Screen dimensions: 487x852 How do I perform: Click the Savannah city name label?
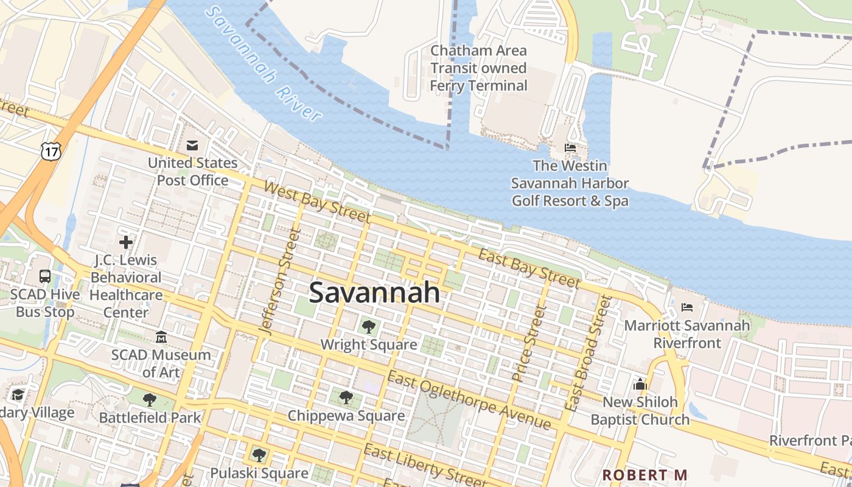(x=374, y=293)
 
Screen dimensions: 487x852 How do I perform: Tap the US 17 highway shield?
(x=51, y=151)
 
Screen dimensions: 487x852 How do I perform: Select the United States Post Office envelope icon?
(x=192, y=145)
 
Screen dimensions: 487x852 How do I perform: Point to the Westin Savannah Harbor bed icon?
(x=570, y=148)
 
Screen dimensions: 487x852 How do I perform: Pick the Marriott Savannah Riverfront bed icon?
(x=687, y=307)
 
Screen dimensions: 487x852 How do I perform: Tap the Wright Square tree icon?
(x=368, y=327)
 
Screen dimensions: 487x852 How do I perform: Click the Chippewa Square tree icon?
(x=346, y=398)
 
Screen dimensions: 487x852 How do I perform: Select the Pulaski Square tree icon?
(x=259, y=455)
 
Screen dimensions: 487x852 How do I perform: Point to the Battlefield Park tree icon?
(x=149, y=400)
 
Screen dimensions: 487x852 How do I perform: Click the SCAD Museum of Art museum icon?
(x=161, y=337)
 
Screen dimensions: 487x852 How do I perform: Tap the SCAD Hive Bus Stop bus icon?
(x=45, y=276)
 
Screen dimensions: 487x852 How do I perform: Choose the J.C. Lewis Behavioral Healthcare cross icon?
(x=126, y=242)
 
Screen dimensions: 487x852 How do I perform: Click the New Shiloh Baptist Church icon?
(x=640, y=384)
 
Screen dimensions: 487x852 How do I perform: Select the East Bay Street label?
(x=529, y=268)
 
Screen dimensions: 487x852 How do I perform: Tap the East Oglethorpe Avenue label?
(x=469, y=401)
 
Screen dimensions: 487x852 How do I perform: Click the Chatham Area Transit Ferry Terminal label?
(x=478, y=68)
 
